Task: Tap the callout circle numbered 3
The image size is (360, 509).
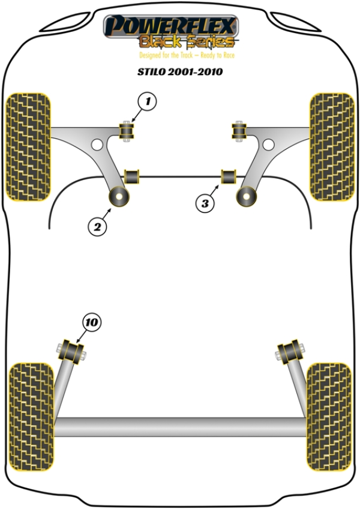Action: coord(205,203)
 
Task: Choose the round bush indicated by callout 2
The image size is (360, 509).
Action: coord(119,196)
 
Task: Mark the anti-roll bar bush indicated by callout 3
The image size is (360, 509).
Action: coord(229,177)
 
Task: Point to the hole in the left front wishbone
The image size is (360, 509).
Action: coord(97,144)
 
